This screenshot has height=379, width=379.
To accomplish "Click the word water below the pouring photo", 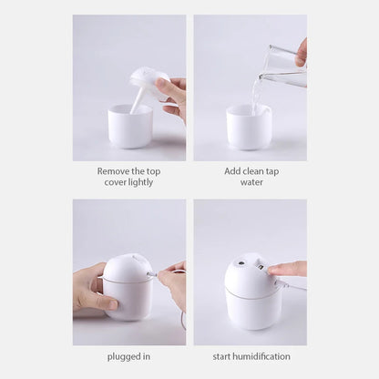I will (251, 181).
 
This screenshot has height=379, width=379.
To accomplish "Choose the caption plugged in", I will (128, 356).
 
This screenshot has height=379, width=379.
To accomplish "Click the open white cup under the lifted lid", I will (129, 126).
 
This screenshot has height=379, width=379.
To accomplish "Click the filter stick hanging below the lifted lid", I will (138, 99).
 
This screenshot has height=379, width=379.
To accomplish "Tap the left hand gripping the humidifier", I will (91, 290).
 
